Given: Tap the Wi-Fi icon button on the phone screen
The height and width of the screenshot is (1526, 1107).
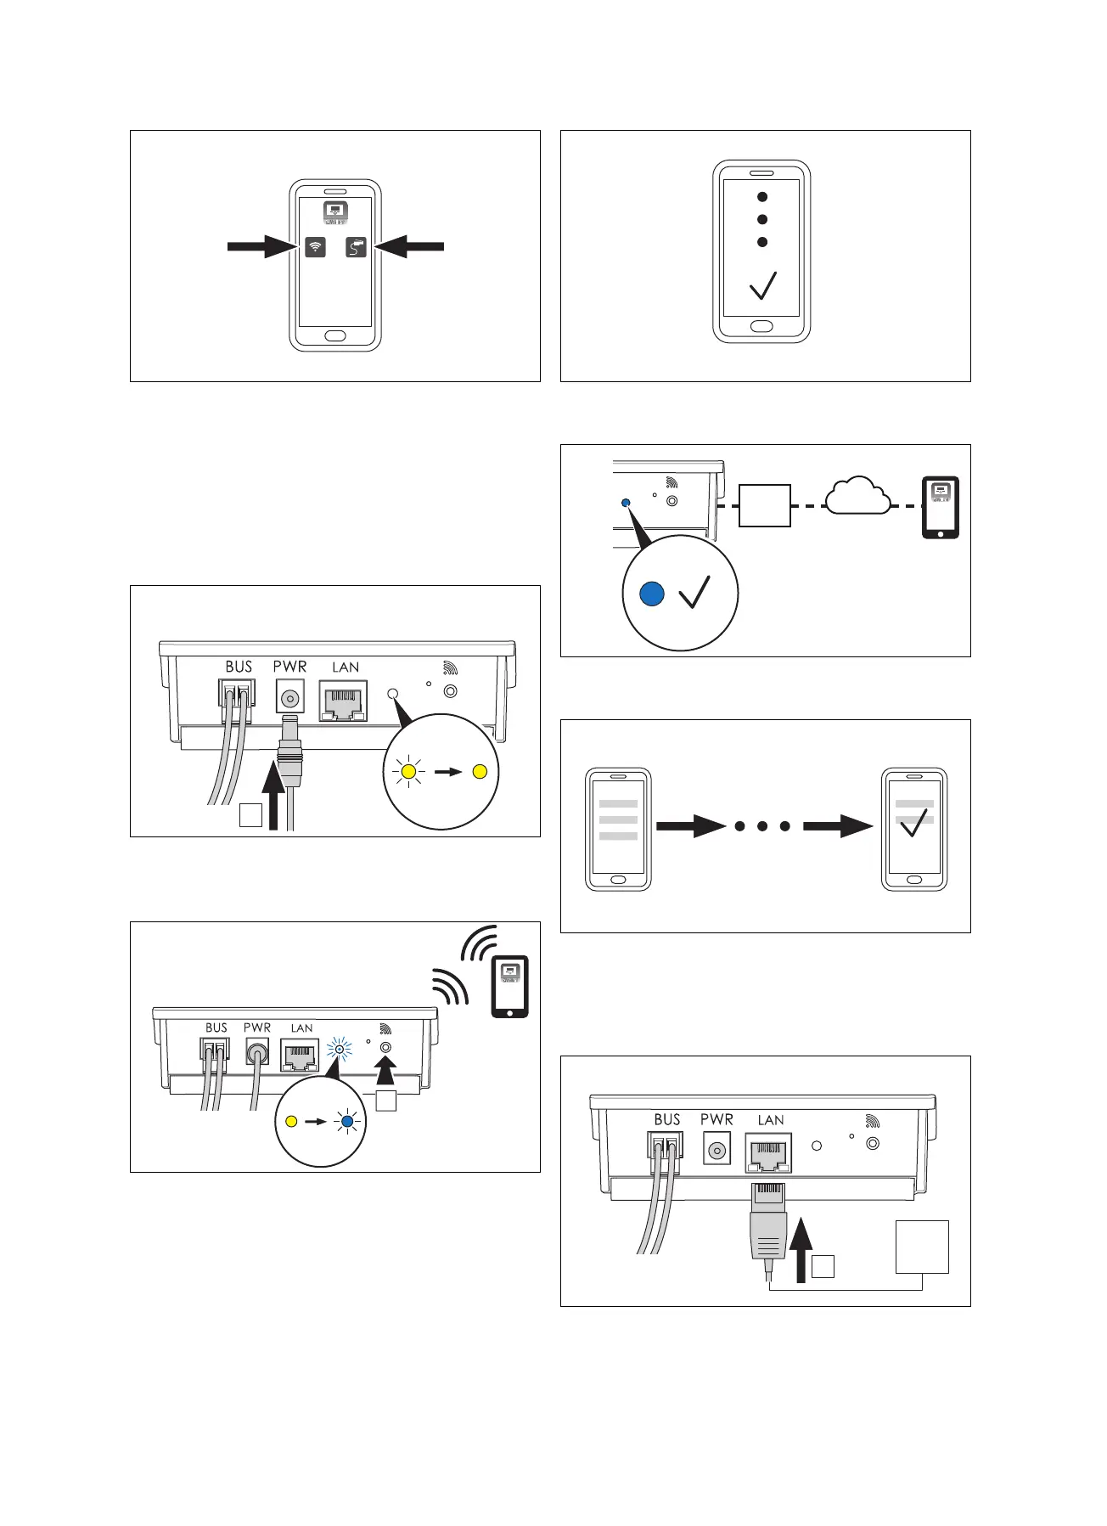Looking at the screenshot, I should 315,247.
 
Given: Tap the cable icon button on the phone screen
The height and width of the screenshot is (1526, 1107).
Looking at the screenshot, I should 357,247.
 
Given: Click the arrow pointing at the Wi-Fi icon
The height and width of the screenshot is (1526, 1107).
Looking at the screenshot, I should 261,246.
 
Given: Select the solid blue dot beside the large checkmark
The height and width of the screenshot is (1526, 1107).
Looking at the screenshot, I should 651,593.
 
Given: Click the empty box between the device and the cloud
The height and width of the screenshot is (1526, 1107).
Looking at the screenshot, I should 764,505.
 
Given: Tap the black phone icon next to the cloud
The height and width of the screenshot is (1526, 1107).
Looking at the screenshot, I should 940,507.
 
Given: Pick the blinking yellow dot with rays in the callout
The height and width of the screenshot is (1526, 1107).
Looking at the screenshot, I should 408,772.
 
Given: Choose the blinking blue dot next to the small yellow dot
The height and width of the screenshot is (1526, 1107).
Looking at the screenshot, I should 347,1121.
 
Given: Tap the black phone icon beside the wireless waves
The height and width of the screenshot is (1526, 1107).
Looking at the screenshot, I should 509,986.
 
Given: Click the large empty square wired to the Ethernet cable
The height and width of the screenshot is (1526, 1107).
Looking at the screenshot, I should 921,1247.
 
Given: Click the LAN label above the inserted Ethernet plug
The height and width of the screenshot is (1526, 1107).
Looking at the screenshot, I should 770,1120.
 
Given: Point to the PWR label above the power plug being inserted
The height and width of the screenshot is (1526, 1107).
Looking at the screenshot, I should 289,667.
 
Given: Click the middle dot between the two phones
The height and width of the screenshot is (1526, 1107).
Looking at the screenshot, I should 762,825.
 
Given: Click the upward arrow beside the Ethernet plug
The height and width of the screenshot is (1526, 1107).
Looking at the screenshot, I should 800,1248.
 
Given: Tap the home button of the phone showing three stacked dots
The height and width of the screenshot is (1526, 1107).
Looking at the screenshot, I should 761,326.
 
